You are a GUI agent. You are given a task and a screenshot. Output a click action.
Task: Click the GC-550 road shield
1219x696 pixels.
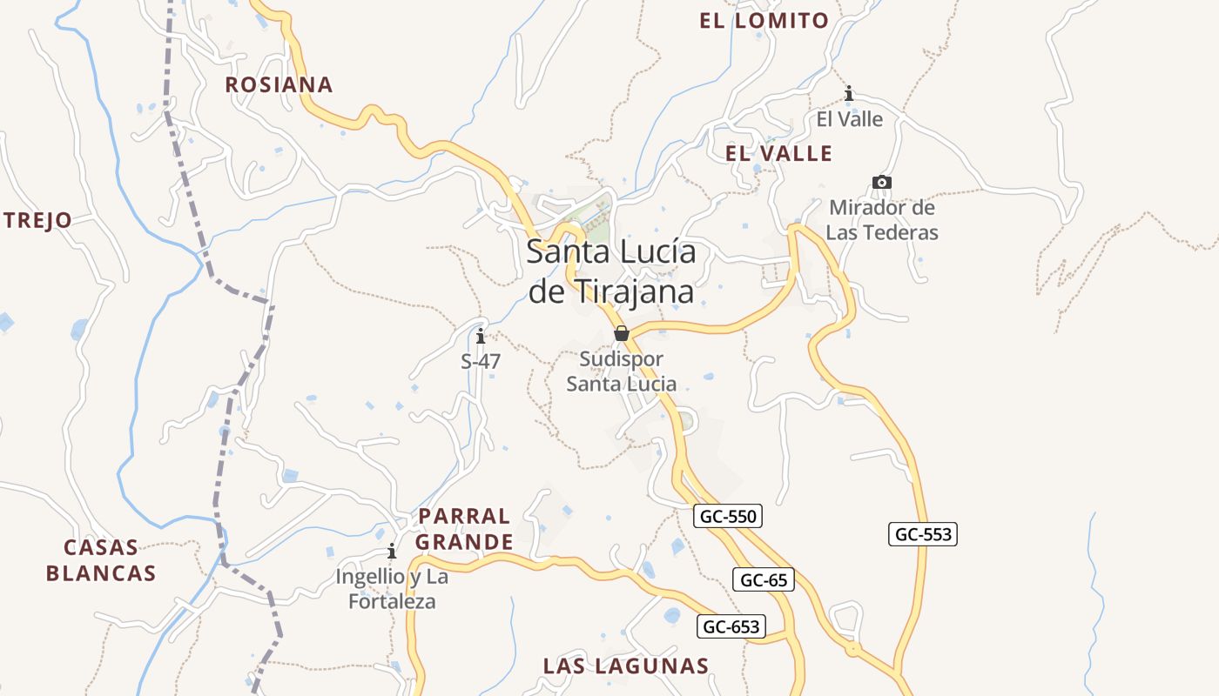coord(729,516)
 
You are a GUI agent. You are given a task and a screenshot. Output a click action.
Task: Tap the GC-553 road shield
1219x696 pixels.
coord(923,534)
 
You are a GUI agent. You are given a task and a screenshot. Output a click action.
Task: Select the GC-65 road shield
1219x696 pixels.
coord(764,579)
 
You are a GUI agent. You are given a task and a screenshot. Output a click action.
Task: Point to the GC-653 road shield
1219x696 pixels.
coord(731,626)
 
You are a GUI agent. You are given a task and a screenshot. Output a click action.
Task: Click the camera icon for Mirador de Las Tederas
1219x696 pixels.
coord(882,182)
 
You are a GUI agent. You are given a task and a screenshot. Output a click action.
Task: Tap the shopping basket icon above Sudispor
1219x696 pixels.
coord(622,333)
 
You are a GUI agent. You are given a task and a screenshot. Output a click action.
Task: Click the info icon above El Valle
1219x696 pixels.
coord(849,93)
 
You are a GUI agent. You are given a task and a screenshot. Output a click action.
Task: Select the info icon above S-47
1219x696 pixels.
coord(481,336)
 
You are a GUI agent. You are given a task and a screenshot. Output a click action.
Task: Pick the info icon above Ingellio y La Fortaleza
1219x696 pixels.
coord(392,552)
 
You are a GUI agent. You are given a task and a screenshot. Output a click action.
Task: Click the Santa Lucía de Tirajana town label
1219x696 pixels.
coord(611,271)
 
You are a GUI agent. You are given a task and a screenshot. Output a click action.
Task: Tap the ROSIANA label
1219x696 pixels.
coord(279,84)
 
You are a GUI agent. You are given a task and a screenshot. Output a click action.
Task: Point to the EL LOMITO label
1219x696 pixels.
coord(764,21)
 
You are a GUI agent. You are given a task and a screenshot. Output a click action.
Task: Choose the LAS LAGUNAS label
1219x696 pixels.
coord(625,666)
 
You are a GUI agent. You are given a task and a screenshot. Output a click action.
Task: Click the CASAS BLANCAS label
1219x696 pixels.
coord(101,560)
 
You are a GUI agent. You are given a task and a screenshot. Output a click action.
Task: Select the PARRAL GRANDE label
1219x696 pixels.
coord(464,529)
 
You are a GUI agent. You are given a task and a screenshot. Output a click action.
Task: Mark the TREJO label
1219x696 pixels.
coord(37,220)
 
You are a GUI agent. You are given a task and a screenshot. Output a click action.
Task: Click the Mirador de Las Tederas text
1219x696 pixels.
coord(882,220)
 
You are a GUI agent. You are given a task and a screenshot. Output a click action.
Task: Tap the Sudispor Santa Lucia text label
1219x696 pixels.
coord(622,371)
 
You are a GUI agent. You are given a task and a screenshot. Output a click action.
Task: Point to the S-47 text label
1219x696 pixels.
coord(481,361)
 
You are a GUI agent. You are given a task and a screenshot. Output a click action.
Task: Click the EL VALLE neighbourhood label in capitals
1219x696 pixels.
coord(778,154)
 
